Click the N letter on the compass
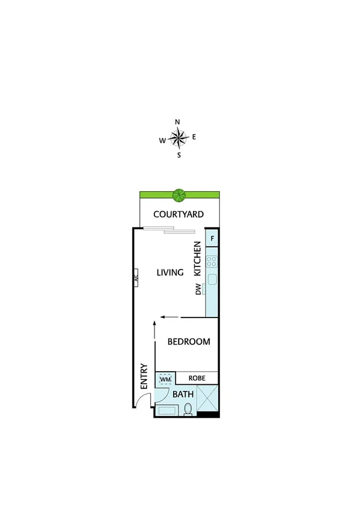177,122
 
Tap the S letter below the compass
178,155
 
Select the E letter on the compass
194,137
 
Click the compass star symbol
178,138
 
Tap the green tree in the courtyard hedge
178,195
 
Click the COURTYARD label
178,214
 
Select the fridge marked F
212,238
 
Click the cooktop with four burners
212,261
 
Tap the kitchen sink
212,279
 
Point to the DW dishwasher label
198,289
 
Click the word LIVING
169,272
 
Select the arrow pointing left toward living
169,318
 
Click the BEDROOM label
189,342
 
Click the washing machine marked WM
165,379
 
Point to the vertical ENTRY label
144,376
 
